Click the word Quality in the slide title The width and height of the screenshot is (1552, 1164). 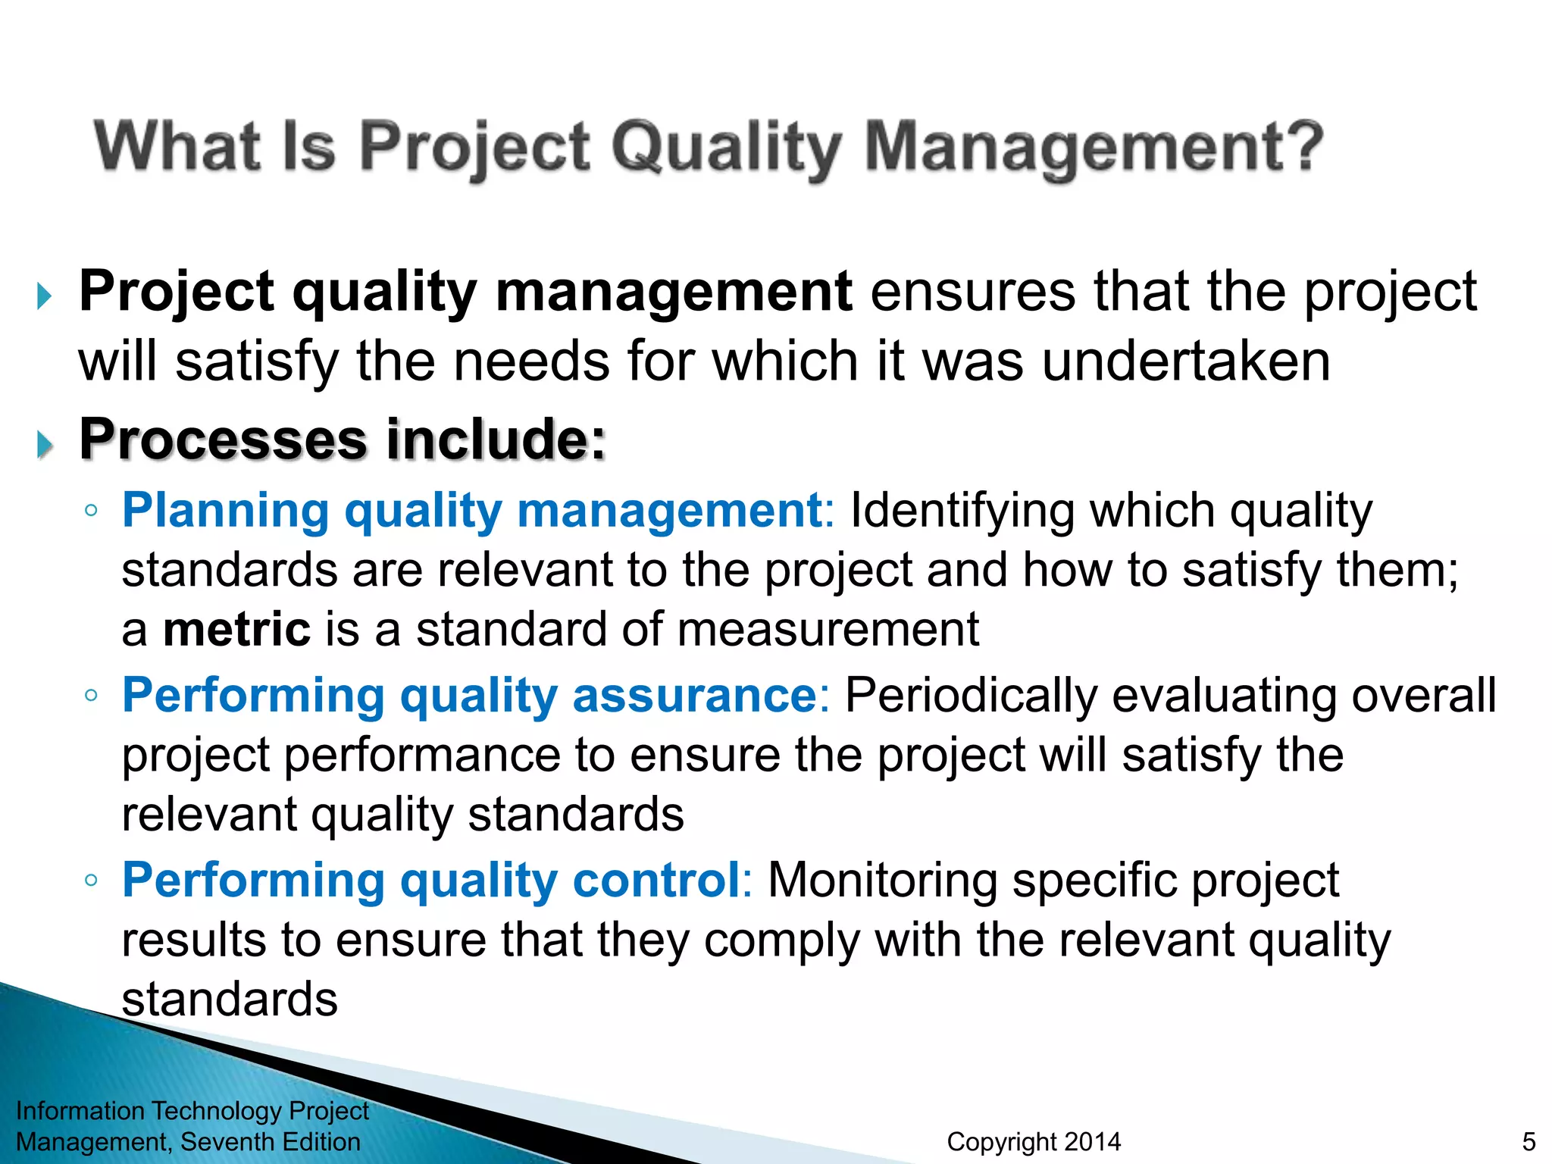[x=726, y=148]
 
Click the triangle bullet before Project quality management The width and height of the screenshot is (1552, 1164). [x=45, y=296]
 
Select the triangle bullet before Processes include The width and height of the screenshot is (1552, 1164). [x=45, y=445]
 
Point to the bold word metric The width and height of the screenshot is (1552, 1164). [x=236, y=630]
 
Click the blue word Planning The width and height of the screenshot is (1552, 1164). [x=226, y=510]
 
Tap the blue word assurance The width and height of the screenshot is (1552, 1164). [x=694, y=696]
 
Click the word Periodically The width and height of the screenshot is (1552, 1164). [x=970, y=696]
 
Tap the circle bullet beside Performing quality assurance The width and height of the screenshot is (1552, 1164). [x=91, y=696]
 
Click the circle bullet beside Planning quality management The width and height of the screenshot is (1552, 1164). [x=91, y=511]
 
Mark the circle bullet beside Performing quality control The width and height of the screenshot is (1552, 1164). [x=91, y=881]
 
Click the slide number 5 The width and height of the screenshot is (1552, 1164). [x=1529, y=1141]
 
